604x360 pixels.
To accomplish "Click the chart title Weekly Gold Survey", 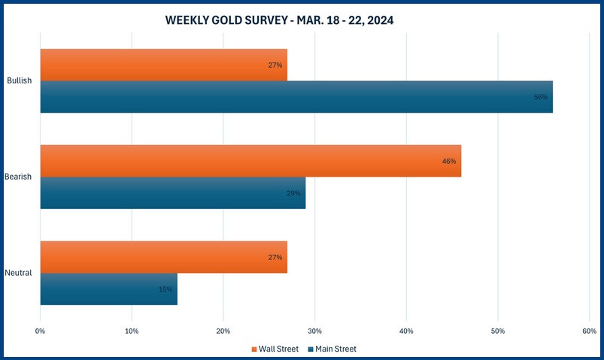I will pos(279,21).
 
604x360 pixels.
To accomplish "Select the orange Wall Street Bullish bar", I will pos(163,65).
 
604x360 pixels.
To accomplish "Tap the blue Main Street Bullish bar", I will pos(296,97).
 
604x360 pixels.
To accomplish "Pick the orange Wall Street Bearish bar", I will pos(250,161).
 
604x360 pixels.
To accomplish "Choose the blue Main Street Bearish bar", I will pos(172,193).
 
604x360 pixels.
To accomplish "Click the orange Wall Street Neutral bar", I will pos(163,257).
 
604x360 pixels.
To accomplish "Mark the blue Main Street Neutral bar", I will pos(108,289).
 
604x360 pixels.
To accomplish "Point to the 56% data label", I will pos(541,97).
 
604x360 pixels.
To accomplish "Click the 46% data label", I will pos(449,161).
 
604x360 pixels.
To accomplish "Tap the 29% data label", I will pos(293,193).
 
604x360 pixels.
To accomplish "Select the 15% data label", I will pos(165,289).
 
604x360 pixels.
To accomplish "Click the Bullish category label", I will pos(19,80).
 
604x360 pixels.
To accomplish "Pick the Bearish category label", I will pos(18,177).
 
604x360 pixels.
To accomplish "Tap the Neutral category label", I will pos(18,273).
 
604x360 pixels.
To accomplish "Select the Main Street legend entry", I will pos(334,349).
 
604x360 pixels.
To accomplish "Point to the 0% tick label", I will pos(41,330).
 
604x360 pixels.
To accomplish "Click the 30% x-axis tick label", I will pos(314,330).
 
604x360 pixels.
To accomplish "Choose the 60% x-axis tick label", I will pos(589,330).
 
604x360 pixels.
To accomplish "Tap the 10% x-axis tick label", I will pos(132,330).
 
